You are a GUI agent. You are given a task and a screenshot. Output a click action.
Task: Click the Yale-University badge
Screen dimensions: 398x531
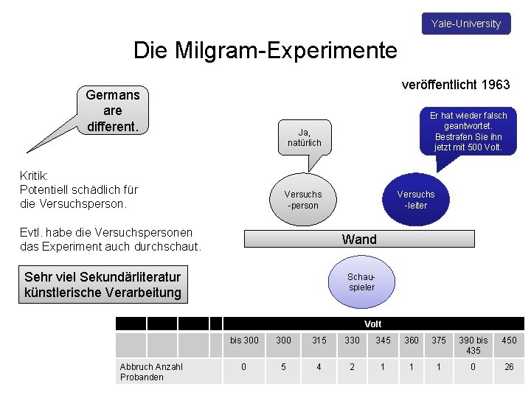pos(465,24)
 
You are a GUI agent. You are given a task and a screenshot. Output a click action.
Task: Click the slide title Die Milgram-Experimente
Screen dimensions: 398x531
pos(265,50)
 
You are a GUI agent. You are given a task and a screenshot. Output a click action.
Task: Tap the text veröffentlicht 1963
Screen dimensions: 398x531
pos(455,85)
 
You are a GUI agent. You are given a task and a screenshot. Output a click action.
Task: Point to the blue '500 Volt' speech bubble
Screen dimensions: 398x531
pos(468,131)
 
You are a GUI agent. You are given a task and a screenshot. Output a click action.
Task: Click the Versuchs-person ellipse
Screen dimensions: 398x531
pos(303,200)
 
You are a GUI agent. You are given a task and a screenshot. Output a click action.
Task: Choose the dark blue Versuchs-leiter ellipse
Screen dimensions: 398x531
pos(416,199)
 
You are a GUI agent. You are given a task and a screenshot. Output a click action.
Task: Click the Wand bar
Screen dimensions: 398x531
pos(359,239)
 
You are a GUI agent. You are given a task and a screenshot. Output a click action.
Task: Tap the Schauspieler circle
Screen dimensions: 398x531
pos(361,282)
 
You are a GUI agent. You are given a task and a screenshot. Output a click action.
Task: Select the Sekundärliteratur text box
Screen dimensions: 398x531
pos(103,285)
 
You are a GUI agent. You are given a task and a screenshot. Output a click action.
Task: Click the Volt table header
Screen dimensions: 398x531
pos(373,324)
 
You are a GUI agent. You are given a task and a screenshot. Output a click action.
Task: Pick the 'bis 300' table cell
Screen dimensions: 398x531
pos(244,340)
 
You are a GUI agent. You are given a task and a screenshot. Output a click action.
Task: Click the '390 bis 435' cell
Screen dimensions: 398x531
pos(473,345)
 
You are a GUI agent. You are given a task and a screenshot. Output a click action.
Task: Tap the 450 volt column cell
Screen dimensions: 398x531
pos(509,340)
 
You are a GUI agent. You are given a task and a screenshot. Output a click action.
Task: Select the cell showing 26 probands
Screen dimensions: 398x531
pos(509,366)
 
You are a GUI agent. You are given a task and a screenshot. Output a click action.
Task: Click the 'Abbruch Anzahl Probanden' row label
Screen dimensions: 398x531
pos(151,371)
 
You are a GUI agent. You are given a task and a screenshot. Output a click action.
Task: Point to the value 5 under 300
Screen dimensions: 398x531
pos(283,366)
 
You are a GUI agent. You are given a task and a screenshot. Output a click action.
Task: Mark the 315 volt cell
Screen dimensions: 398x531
pos(319,340)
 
